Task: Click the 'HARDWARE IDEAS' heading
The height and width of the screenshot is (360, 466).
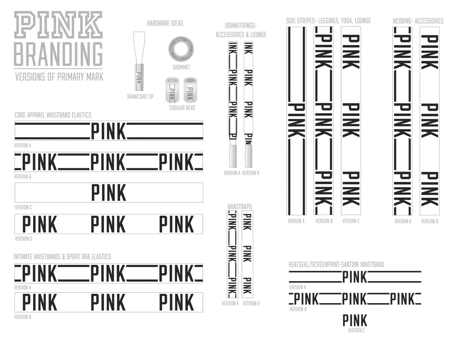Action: [165, 23]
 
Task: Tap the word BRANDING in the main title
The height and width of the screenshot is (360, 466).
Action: [59, 55]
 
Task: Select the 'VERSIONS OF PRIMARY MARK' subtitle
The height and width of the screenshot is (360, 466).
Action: [59, 77]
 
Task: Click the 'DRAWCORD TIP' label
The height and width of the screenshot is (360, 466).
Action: [140, 97]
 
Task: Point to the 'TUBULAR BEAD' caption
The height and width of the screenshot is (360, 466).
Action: [182, 108]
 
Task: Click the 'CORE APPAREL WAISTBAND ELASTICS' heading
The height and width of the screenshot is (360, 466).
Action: [53, 115]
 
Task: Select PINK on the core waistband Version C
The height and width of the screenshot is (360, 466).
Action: [109, 192]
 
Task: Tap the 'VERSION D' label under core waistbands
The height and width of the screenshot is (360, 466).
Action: [23, 239]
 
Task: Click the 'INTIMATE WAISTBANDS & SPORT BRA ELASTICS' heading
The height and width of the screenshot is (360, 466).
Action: [62, 257]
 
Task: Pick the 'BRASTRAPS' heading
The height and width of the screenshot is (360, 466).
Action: [240, 207]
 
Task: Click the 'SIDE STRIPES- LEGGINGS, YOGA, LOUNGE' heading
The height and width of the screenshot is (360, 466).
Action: [329, 21]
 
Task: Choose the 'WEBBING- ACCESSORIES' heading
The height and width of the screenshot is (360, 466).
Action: [418, 21]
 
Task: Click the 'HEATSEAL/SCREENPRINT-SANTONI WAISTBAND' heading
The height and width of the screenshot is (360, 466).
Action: [336, 264]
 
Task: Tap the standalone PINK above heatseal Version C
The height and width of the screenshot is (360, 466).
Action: [355, 320]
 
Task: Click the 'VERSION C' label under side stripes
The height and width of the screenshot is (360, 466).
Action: [351, 221]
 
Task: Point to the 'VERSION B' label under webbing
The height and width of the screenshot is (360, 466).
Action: [430, 222]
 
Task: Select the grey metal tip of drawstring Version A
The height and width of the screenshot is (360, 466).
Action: [233, 156]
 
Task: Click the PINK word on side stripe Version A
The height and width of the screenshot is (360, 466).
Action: [296, 120]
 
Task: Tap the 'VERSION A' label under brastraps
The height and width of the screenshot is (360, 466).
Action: [230, 304]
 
